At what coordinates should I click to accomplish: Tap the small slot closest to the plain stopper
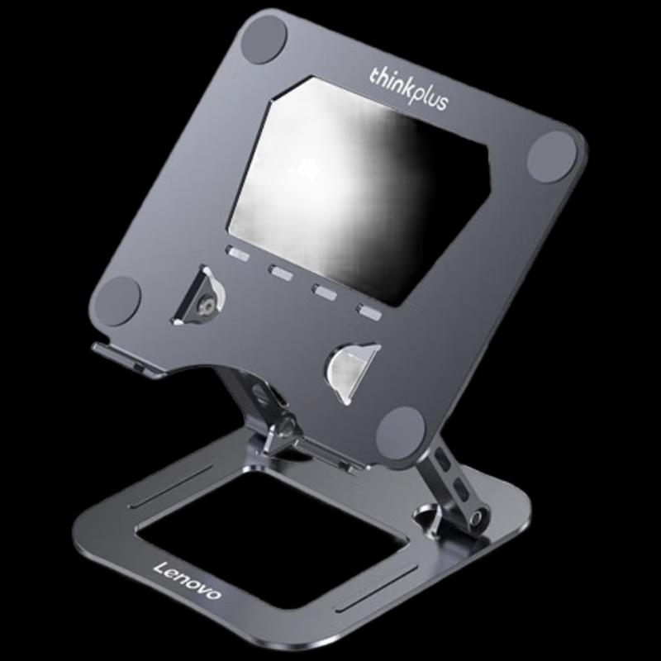pos(369,312)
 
